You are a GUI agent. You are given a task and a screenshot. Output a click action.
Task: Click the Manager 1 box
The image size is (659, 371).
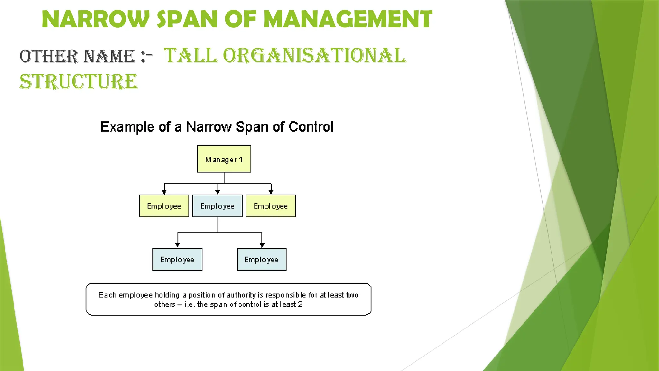(224, 159)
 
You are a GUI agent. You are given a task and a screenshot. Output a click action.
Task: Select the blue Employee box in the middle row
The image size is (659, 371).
(218, 206)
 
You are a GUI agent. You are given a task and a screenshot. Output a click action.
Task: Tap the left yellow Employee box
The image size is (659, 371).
(164, 206)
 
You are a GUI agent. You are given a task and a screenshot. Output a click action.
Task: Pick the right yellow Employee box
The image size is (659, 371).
(271, 206)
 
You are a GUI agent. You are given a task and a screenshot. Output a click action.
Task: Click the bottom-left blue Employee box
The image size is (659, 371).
(177, 260)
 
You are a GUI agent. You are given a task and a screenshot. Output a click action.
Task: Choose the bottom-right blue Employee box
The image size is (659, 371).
(262, 260)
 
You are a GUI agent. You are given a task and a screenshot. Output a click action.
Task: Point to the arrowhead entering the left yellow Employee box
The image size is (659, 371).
(164, 192)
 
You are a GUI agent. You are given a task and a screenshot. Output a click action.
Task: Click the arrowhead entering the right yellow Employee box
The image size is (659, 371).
(271, 192)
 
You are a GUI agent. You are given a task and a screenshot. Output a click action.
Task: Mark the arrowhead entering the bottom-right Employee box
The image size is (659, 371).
(262, 245)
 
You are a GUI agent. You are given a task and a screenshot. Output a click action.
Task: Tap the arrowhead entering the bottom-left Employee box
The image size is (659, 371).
(178, 245)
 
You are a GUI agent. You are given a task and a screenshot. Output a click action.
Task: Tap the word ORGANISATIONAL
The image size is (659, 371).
(314, 55)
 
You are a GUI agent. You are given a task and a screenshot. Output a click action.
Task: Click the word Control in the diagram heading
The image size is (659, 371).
(311, 127)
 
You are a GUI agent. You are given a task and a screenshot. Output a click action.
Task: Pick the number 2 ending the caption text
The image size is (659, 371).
(300, 305)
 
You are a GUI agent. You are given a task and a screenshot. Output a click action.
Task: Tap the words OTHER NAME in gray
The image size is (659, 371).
(78, 56)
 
